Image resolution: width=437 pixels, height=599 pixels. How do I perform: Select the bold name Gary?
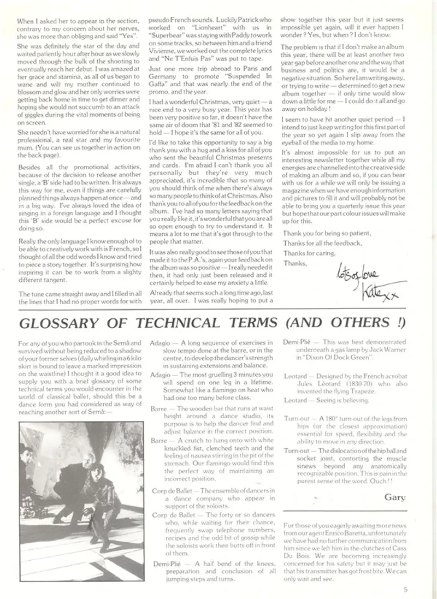pyautogui.click(x=394, y=497)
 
